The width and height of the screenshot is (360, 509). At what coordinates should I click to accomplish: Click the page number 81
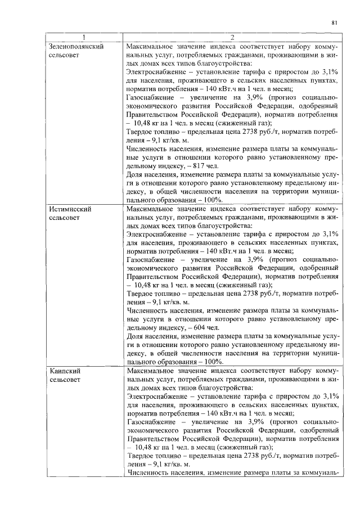point(334,23)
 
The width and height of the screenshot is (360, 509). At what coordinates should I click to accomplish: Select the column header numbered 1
point(86,38)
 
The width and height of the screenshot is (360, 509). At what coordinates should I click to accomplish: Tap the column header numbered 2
point(232,38)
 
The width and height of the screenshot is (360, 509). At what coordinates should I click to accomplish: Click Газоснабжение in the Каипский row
point(151,421)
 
